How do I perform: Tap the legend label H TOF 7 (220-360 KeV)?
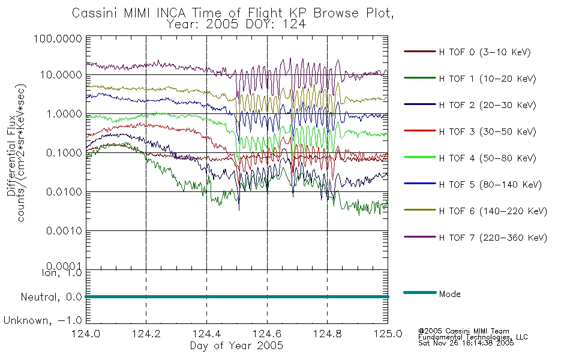click(x=493, y=238)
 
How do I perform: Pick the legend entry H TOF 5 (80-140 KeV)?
click(x=490, y=185)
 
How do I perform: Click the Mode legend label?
click(x=449, y=294)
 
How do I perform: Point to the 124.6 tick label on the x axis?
click(x=267, y=334)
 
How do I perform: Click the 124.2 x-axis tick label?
click(x=146, y=334)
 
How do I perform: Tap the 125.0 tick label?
click(x=388, y=334)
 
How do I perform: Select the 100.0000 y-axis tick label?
click(x=58, y=38)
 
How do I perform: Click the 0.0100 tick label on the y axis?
click(x=64, y=191)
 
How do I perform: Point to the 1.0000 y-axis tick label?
click(x=64, y=114)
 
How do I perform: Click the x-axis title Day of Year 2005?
click(x=236, y=346)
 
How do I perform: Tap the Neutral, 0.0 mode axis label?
click(x=51, y=297)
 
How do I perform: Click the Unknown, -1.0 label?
click(x=43, y=320)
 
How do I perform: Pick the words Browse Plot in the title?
click(x=354, y=13)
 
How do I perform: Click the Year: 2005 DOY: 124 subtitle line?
click(x=236, y=25)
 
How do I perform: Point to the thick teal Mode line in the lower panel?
click(x=237, y=297)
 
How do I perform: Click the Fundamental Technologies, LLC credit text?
click(x=473, y=337)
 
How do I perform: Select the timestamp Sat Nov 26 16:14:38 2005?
click(x=466, y=343)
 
